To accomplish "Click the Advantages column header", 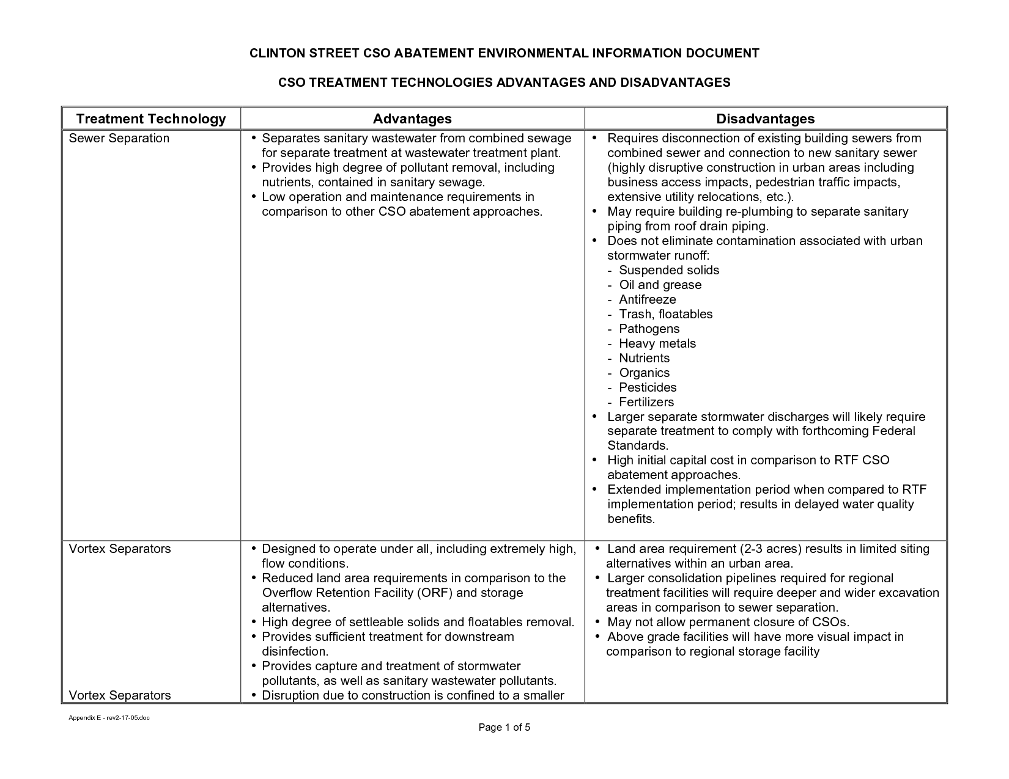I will [x=412, y=119].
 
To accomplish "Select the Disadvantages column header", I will [x=766, y=119].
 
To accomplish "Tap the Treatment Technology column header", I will [x=150, y=119].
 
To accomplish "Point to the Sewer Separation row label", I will [x=119, y=138].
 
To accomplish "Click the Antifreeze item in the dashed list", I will [x=648, y=299].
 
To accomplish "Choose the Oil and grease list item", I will [x=660, y=285].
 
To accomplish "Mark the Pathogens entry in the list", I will [x=649, y=329].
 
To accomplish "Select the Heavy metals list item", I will [x=657, y=343].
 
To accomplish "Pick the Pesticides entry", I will [x=648, y=387].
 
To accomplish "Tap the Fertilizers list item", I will [x=646, y=402].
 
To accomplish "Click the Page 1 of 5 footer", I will [x=505, y=727].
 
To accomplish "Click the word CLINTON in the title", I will [x=277, y=53].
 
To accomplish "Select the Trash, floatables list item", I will [x=666, y=314].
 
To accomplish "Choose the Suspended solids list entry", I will [x=669, y=270].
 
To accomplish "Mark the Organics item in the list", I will [x=645, y=373].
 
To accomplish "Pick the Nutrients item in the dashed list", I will [x=645, y=358].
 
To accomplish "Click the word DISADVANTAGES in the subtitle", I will [x=675, y=82].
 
